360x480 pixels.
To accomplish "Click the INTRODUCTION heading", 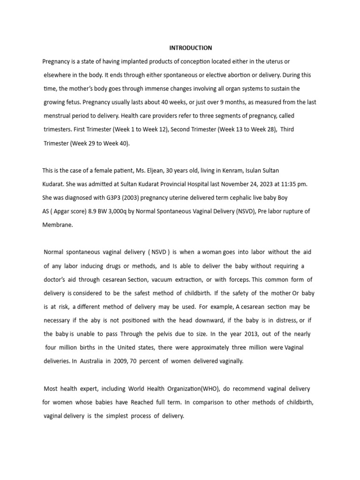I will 190,48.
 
